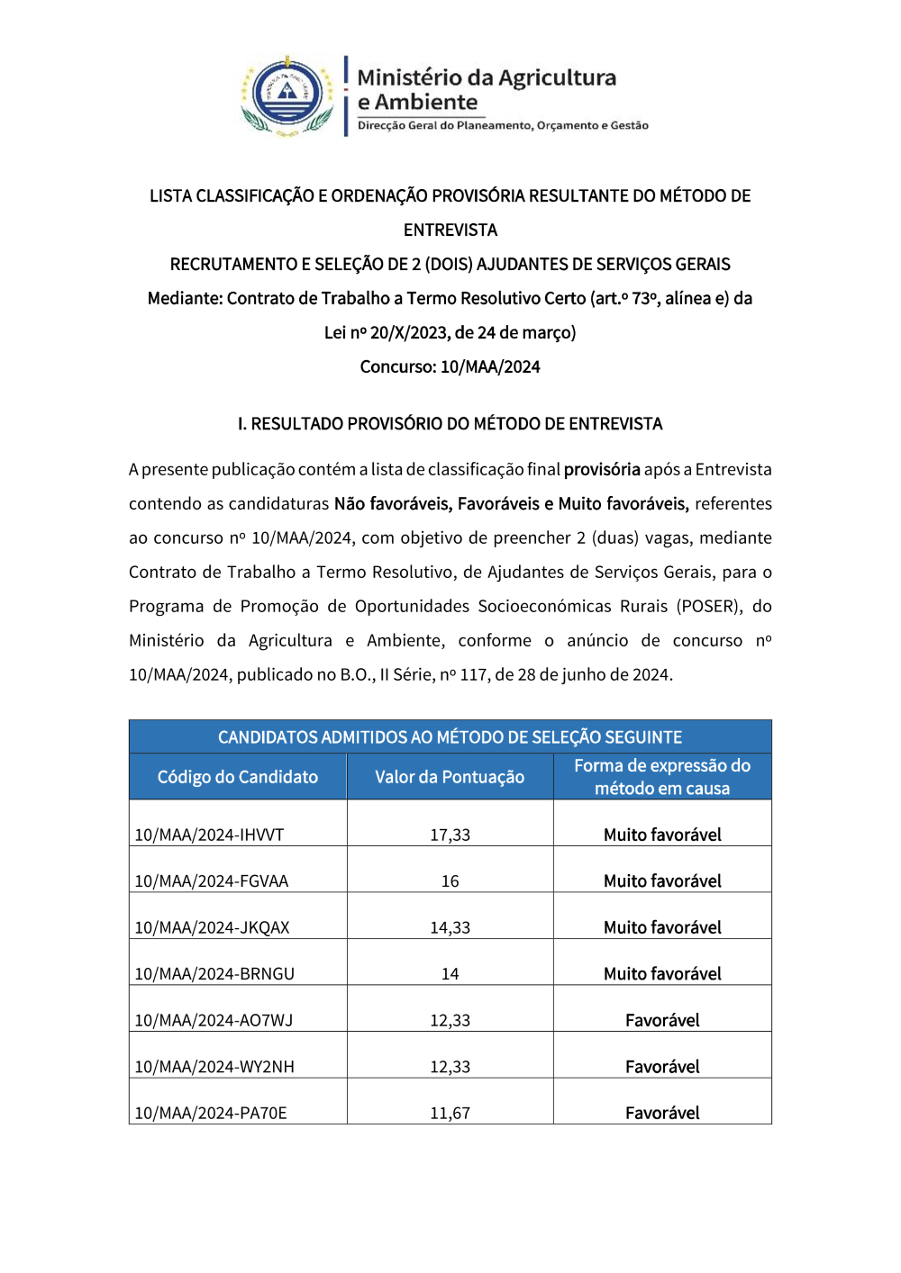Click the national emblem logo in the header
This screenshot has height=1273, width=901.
click(x=287, y=96)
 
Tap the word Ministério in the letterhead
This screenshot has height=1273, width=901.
click(x=409, y=77)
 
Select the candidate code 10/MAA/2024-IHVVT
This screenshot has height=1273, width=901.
click(x=209, y=835)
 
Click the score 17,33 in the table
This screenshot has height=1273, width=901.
click(x=450, y=835)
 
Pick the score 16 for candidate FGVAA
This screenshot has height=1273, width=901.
click(x=450, y=881)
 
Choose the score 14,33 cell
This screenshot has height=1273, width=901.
click(x=450, y=927)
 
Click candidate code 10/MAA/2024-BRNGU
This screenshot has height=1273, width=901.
click(x=214, y=974)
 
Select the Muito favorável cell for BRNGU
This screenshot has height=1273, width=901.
click(x=662, y=974)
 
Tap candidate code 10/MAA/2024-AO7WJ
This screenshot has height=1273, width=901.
click(x=214, y=1020)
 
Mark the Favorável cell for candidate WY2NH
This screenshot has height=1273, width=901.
click(x=662, y=1067)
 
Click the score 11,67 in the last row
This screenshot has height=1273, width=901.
click(x=450, y=1113)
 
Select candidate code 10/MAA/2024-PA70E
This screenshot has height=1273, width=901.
click(x=211, y=1113)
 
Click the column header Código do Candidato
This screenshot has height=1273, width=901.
click(x=238, y=777)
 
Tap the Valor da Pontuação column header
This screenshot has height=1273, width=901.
click(x=450, y=777)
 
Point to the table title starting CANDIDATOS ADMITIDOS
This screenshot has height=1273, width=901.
click(x=450, y=737)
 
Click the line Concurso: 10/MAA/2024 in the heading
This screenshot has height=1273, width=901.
click(x=450, y=366)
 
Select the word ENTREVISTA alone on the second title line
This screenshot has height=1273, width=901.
click(x=450, y=230)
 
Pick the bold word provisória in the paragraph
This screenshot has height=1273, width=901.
click(x=602, y=469)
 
